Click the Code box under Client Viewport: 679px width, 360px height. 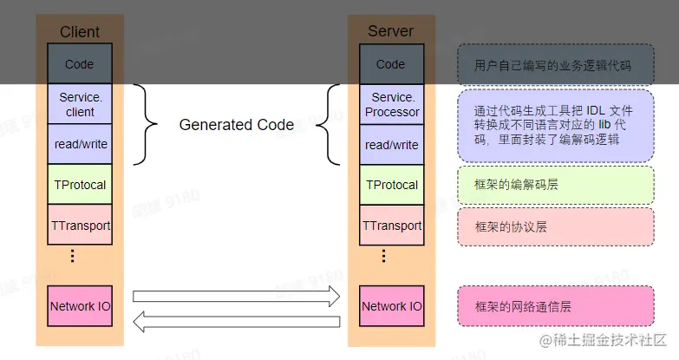pyautogui.click(x=80, y=64)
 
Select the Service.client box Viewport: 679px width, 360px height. pyautogui.click(x=80, y=104)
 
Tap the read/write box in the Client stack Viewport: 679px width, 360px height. pyautogui.click(x=80, y=144)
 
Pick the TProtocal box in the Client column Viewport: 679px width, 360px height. pyautogui.click(x=80, y=185)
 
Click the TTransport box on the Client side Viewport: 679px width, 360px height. pyautogui.click(x=80, y=226)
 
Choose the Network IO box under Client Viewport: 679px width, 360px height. pyautogui.click(x=80, y=306)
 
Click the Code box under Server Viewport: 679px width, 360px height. pyautogui.click(x=391, y=64)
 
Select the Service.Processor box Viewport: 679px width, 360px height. pyautogui.click(x=391, y=104)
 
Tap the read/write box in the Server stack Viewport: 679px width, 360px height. pyautogui.click(x=391, y=144)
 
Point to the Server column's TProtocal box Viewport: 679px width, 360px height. pyautogui.click(x=391, y=185)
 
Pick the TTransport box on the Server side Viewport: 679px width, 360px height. pyautogui.click(x=391, y=226)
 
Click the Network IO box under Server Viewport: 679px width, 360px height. pyautogui.click(x=391, y=306)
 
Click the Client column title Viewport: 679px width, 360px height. pyautogui.click(x=80, y=31)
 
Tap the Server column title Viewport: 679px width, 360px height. pyautogui.click(x=391, y=31)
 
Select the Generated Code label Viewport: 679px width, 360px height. pyautogui.click(x=236, y=125)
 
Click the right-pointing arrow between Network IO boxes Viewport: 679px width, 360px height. pyautogui.click(x=236, y=296)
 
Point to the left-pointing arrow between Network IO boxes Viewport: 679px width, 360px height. pyautogui.click(x=236, y=322)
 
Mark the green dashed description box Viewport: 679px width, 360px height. pyautogui.click(x=556, y=185)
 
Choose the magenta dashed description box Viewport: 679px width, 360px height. pyautogui.click(x=556, y=306)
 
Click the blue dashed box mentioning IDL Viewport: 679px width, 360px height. pyautogui.click(x=556, y=126)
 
